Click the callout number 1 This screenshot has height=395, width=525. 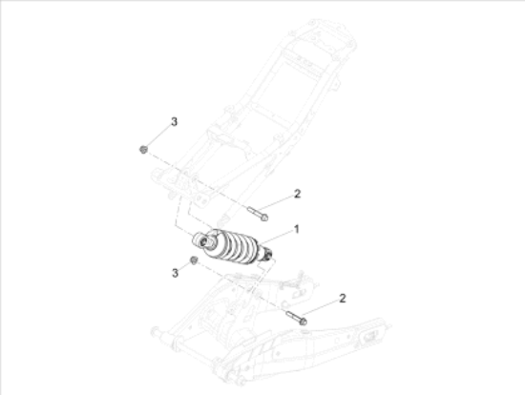point(296,229)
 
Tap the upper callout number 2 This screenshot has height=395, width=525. point(297,194)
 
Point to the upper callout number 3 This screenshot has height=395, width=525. point(174,121)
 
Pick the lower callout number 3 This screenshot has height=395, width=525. point(174,273)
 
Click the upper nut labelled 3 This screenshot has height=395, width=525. point(143,149)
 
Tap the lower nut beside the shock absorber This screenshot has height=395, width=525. point(193,261)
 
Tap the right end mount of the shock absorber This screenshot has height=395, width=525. point(271,254)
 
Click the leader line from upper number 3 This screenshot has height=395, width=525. point(158,135)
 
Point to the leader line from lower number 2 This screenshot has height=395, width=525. point(321,308)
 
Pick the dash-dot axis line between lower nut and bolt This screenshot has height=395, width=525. point(239,287)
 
